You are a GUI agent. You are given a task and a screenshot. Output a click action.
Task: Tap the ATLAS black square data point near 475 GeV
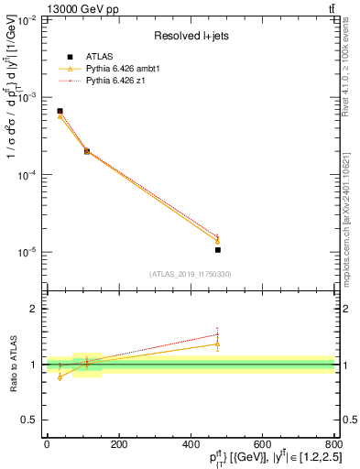(217, 249)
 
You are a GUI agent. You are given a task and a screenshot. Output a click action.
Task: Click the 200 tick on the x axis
(118, 443)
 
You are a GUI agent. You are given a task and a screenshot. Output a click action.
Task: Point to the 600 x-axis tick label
(262, 443)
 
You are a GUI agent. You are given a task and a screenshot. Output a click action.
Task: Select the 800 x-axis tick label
(333, 443)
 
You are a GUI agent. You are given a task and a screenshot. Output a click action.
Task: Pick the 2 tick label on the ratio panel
(34, 309)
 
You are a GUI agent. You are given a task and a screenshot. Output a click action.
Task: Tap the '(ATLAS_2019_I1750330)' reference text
(190, 274)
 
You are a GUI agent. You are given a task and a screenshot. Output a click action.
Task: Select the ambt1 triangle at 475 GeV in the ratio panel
(217, 344)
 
